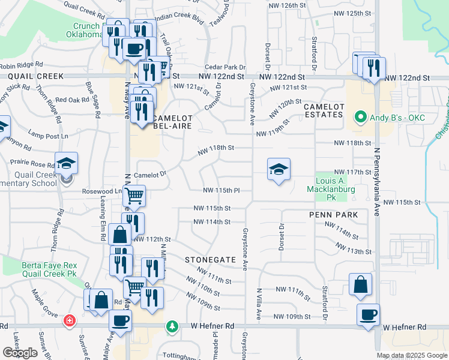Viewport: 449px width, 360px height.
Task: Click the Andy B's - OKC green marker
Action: pos(361,117)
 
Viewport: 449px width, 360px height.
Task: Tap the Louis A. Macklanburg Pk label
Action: pos(332,186)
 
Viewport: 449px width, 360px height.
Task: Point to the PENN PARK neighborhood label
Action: pos(334,214)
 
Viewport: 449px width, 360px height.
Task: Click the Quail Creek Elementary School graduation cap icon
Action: pos(66,164)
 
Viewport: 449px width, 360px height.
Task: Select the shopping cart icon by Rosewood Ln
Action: pos(134,196)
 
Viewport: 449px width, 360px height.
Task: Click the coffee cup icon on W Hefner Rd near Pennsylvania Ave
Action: pos(368,314)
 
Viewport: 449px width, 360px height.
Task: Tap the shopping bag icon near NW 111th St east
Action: pos(360,286)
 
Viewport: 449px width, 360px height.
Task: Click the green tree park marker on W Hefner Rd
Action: pos(173,326)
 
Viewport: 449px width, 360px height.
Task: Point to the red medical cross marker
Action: pos(70,321)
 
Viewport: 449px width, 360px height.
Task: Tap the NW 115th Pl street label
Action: pos(221,190)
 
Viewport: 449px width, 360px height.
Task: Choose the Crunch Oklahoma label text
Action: pos(88,30)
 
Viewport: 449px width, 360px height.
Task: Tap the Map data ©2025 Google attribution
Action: pos(412,355)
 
